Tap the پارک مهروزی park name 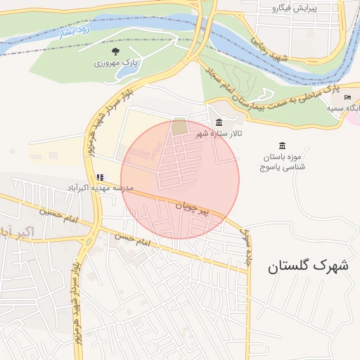[x=115, y=63]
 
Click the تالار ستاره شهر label [x=219, y=133]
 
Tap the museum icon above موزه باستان [x=281, y=146]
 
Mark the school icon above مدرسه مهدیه [x=101, y=177]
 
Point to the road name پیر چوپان [x=193, y=207]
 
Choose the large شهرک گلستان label [x=308, y=266]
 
